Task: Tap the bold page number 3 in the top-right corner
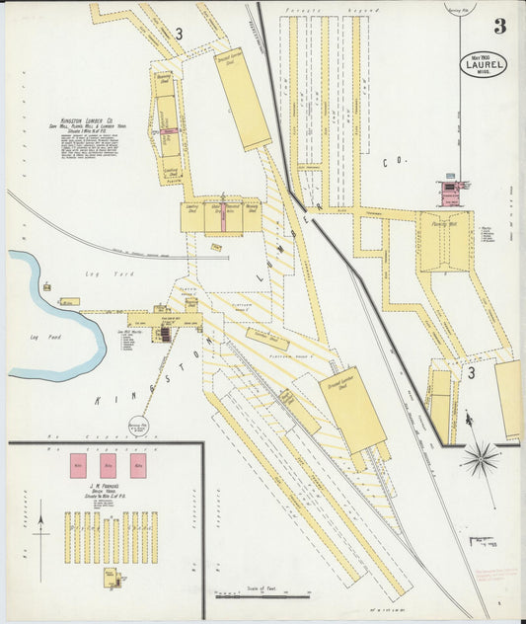500,27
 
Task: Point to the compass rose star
481,458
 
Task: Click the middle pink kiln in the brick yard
109,467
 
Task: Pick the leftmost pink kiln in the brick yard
79,467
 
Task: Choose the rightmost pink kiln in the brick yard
138,467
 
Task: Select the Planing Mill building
444,240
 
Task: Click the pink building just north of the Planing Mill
452,187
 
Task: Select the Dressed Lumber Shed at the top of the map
243,99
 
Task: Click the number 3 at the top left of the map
179,34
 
